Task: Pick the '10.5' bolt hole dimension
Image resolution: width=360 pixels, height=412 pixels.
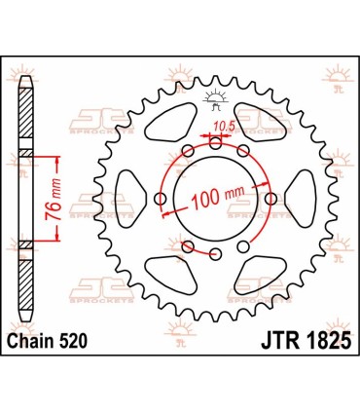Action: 224,126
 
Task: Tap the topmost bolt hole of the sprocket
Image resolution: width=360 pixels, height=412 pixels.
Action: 214,141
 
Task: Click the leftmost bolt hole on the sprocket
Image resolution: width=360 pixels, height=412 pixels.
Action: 161,199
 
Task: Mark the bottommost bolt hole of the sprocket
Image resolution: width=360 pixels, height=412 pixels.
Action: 215,255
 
